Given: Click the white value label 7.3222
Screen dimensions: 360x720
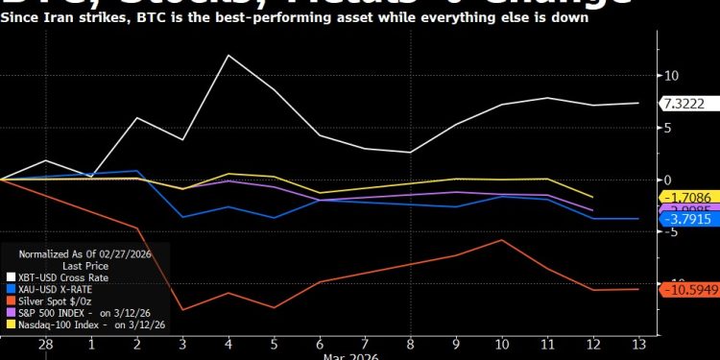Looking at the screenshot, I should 684,103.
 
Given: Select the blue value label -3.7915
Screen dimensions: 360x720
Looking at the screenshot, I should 686,220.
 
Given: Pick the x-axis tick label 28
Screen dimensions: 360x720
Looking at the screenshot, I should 45,343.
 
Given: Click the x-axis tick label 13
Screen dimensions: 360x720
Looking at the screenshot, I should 638,343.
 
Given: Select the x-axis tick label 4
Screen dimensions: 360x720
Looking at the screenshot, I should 228,343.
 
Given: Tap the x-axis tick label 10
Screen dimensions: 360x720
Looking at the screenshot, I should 501,343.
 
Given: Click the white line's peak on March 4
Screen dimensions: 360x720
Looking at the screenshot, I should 228,55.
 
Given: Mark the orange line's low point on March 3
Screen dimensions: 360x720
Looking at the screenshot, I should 182,310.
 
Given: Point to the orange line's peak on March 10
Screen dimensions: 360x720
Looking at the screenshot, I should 501,239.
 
